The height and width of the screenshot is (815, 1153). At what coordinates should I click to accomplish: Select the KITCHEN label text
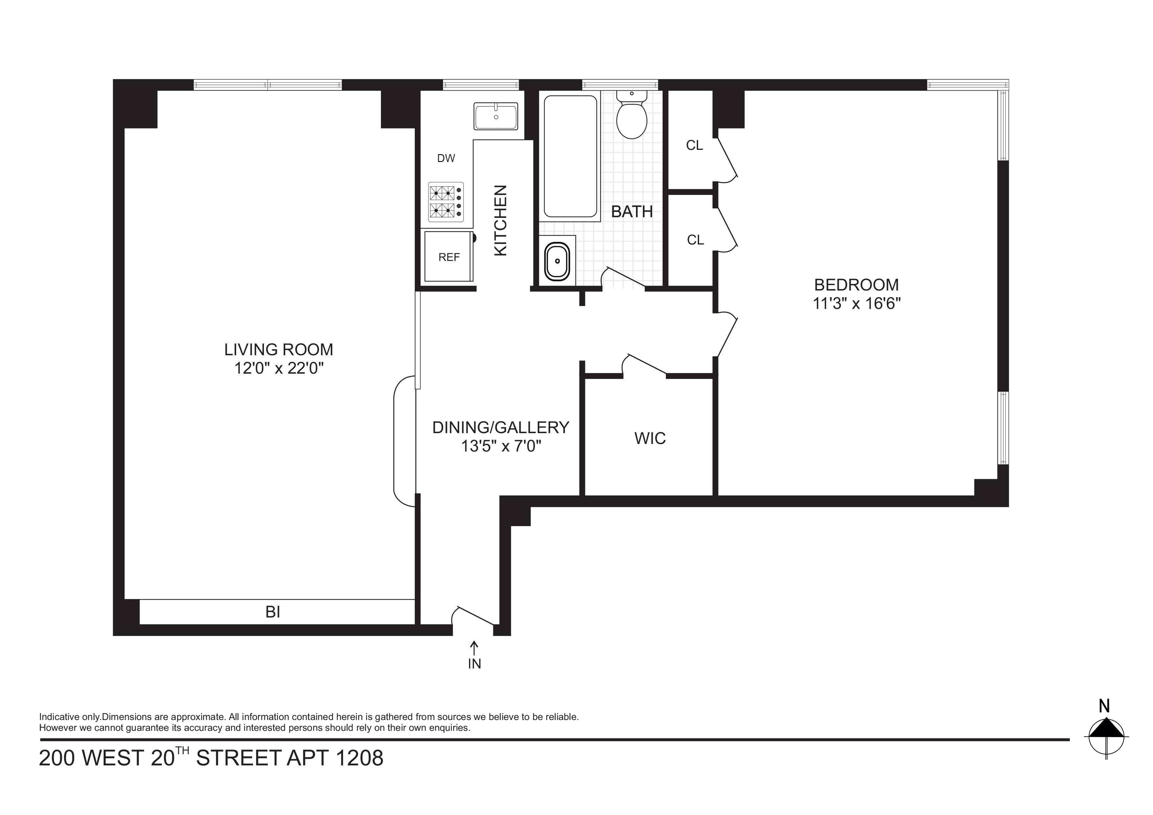pos(501,221)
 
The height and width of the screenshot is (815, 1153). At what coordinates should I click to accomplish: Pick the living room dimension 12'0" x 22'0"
pos(279,369)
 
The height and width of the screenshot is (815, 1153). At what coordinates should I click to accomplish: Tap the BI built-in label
pos(273,612)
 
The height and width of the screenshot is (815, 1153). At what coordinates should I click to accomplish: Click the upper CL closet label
pos(694,146)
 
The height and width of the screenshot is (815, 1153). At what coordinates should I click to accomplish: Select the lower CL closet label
pos(695,240)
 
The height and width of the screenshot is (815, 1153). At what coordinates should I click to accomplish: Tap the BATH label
pos(632,212)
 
